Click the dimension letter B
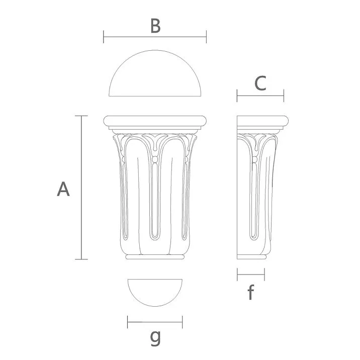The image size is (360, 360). tap(155, 26)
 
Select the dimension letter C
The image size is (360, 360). tap(260, 83)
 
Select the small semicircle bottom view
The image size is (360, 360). tap(155, 292)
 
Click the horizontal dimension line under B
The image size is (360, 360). tap(155, 36)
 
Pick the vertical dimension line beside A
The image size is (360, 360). tap(81, 188)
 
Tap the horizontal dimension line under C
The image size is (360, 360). tap(260, 95)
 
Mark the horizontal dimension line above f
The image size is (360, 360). tap(250, 275)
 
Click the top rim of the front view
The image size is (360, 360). tap(155, 121)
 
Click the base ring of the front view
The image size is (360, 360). tap(155, 257)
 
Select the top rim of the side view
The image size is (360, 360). tap(263, 121)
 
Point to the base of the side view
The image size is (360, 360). tap(251, 257)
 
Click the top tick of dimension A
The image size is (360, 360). tap(81, 116)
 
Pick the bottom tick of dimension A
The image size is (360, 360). tap(81, 259)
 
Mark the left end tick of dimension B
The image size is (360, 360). tap(104, 36)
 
